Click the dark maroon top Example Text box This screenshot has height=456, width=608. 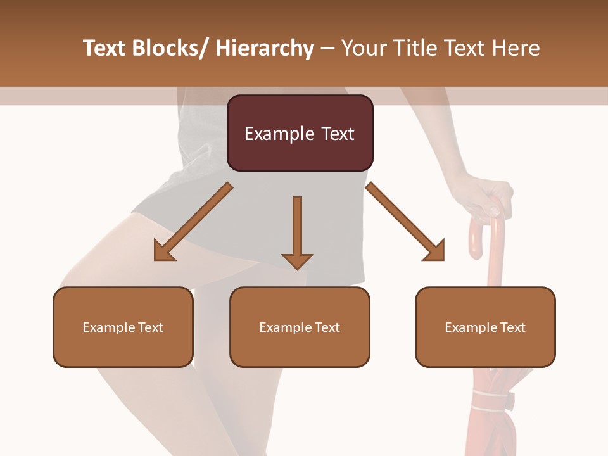coord(300,133)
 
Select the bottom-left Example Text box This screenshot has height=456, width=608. coord(123,327)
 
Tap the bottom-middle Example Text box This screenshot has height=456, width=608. coord(300,327)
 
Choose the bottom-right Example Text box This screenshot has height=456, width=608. coord(485,327)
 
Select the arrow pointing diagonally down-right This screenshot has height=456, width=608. coord(405,222)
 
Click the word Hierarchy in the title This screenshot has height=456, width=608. coord(265,48)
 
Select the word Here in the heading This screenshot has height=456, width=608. coord(517,48)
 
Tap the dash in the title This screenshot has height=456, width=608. coord(327,48)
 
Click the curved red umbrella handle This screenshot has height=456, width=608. coord(481,231)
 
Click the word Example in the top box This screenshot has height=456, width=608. coord(271,134)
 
